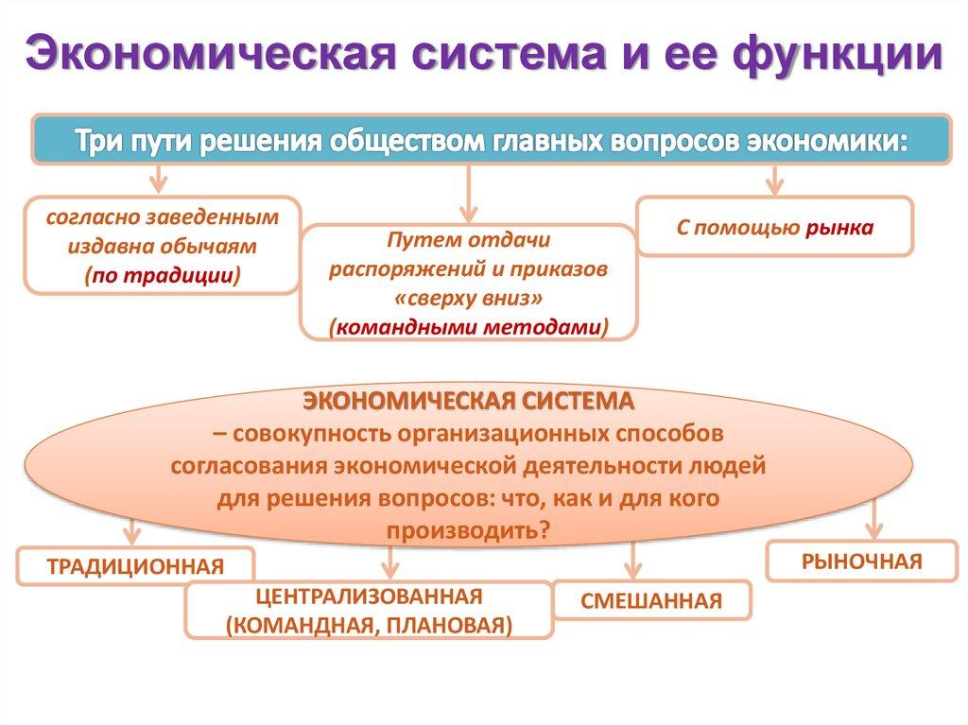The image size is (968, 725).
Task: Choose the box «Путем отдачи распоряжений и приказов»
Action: click(x=469, y=282)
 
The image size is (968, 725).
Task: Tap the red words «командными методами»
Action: click(x=469, y=325)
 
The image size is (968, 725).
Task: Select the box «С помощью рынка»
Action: click(x=774, y=227)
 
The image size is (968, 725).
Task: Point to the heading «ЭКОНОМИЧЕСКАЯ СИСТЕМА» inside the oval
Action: click(x=469, y=400)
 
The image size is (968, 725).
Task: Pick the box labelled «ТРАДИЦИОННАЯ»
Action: click(x=136, y=566)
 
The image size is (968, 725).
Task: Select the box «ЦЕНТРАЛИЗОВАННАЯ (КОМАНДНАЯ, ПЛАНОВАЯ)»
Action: click(x=369, y=610)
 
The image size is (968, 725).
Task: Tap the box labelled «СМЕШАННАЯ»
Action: click(x=651, y=600)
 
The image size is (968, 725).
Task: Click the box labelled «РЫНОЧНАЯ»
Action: click(x=861, y=561)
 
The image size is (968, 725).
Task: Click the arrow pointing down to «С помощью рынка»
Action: click(x=775, y=178)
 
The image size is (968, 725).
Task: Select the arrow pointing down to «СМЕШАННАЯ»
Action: click(x=631, y=560)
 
